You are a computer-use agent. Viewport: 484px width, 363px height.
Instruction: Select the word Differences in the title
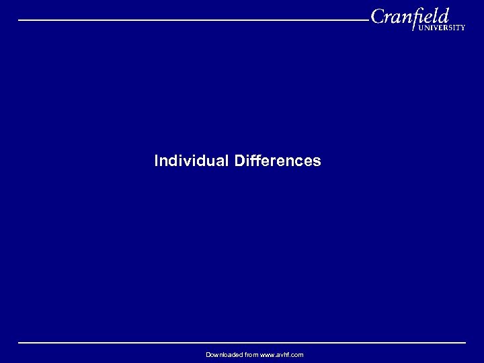coord(278,161)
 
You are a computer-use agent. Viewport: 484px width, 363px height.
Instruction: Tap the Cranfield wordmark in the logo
coord(409,16)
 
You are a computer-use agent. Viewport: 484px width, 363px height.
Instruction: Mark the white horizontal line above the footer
coord(242,343)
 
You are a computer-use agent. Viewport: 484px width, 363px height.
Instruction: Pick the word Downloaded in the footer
coord(222,355)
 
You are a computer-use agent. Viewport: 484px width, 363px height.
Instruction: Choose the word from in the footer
coord(250,355)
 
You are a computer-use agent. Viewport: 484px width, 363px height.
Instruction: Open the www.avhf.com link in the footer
coord(282,355)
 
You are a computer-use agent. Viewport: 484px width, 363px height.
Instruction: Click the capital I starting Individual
coord(157,161)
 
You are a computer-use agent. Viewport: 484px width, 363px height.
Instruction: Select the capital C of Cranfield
coord(378,16)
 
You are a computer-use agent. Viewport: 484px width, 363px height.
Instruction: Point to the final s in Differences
coord(317,161)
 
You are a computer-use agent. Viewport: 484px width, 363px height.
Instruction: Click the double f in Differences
coord(253,161)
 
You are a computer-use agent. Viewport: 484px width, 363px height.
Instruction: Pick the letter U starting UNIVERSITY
coord(420,28)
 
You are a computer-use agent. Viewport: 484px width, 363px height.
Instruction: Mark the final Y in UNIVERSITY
coord(462,28)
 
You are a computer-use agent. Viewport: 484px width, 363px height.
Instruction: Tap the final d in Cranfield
coord(443,15)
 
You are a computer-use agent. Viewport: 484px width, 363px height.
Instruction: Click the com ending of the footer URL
coord(298,355)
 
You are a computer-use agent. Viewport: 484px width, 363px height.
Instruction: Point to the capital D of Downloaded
coord(208,355)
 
